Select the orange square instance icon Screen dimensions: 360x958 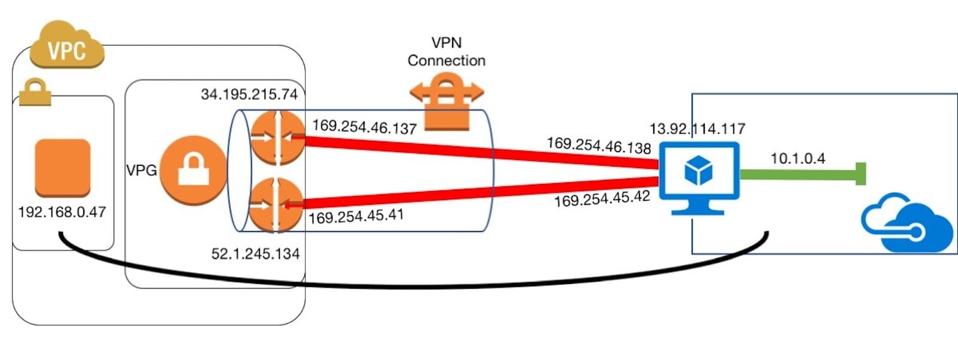[x=62, y=167]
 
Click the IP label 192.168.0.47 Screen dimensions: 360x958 [x=62, y=212]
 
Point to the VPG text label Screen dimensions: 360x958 [x=141, y=171]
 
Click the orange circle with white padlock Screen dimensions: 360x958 [x=193, y=171]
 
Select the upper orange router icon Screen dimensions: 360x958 [x=277, y=137]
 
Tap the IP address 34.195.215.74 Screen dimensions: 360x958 [x=249, y=94]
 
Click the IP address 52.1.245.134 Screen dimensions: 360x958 [x=255, y=254]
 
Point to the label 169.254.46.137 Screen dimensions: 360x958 [x=364, y=127]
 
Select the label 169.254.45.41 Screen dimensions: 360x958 [x=356, y=216]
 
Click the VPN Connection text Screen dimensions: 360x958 [x=447, y=52]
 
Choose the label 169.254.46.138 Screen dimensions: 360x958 [x=598, y=146]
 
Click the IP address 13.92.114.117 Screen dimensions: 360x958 [x=697, y=129]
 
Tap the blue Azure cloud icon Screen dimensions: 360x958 [x=907, y=225]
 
